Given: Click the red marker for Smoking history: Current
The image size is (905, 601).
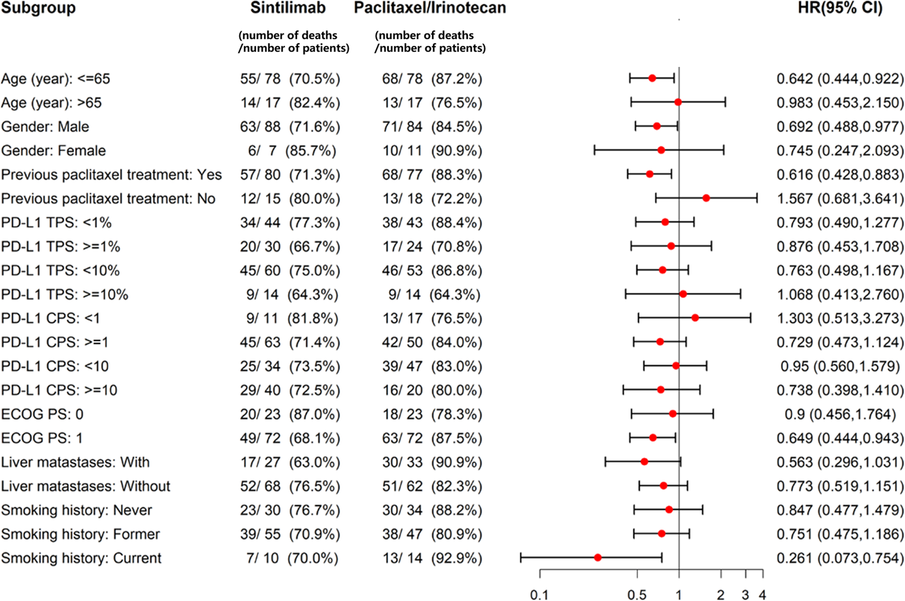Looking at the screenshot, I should (597, 557).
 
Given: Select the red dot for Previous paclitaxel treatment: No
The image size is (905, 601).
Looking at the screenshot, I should (706, 198).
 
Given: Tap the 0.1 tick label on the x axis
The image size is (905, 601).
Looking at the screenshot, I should (539, 595).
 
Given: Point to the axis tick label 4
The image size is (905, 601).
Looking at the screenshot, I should (762, 595).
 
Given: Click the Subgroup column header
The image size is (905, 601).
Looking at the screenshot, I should (38, 8).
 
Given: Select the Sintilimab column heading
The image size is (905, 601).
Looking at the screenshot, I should (288, 8).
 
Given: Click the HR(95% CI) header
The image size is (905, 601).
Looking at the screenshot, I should (840, 8).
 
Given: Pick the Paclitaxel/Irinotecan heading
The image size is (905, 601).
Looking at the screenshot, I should (430, 8).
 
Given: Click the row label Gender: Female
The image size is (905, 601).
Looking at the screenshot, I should (53, 151).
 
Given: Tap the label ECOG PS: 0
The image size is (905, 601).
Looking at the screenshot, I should (42, 414).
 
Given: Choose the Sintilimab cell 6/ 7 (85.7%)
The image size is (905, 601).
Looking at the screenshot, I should (292, 151).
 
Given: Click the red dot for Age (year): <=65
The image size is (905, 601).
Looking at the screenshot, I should (652, 78).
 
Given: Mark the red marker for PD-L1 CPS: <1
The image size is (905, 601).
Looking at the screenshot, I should (695, 318).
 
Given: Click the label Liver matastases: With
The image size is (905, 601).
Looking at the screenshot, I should (75, 462).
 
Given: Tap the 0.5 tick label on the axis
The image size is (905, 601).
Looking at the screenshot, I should (637, 595).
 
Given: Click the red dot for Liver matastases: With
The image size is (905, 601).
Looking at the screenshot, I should (644, 461).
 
